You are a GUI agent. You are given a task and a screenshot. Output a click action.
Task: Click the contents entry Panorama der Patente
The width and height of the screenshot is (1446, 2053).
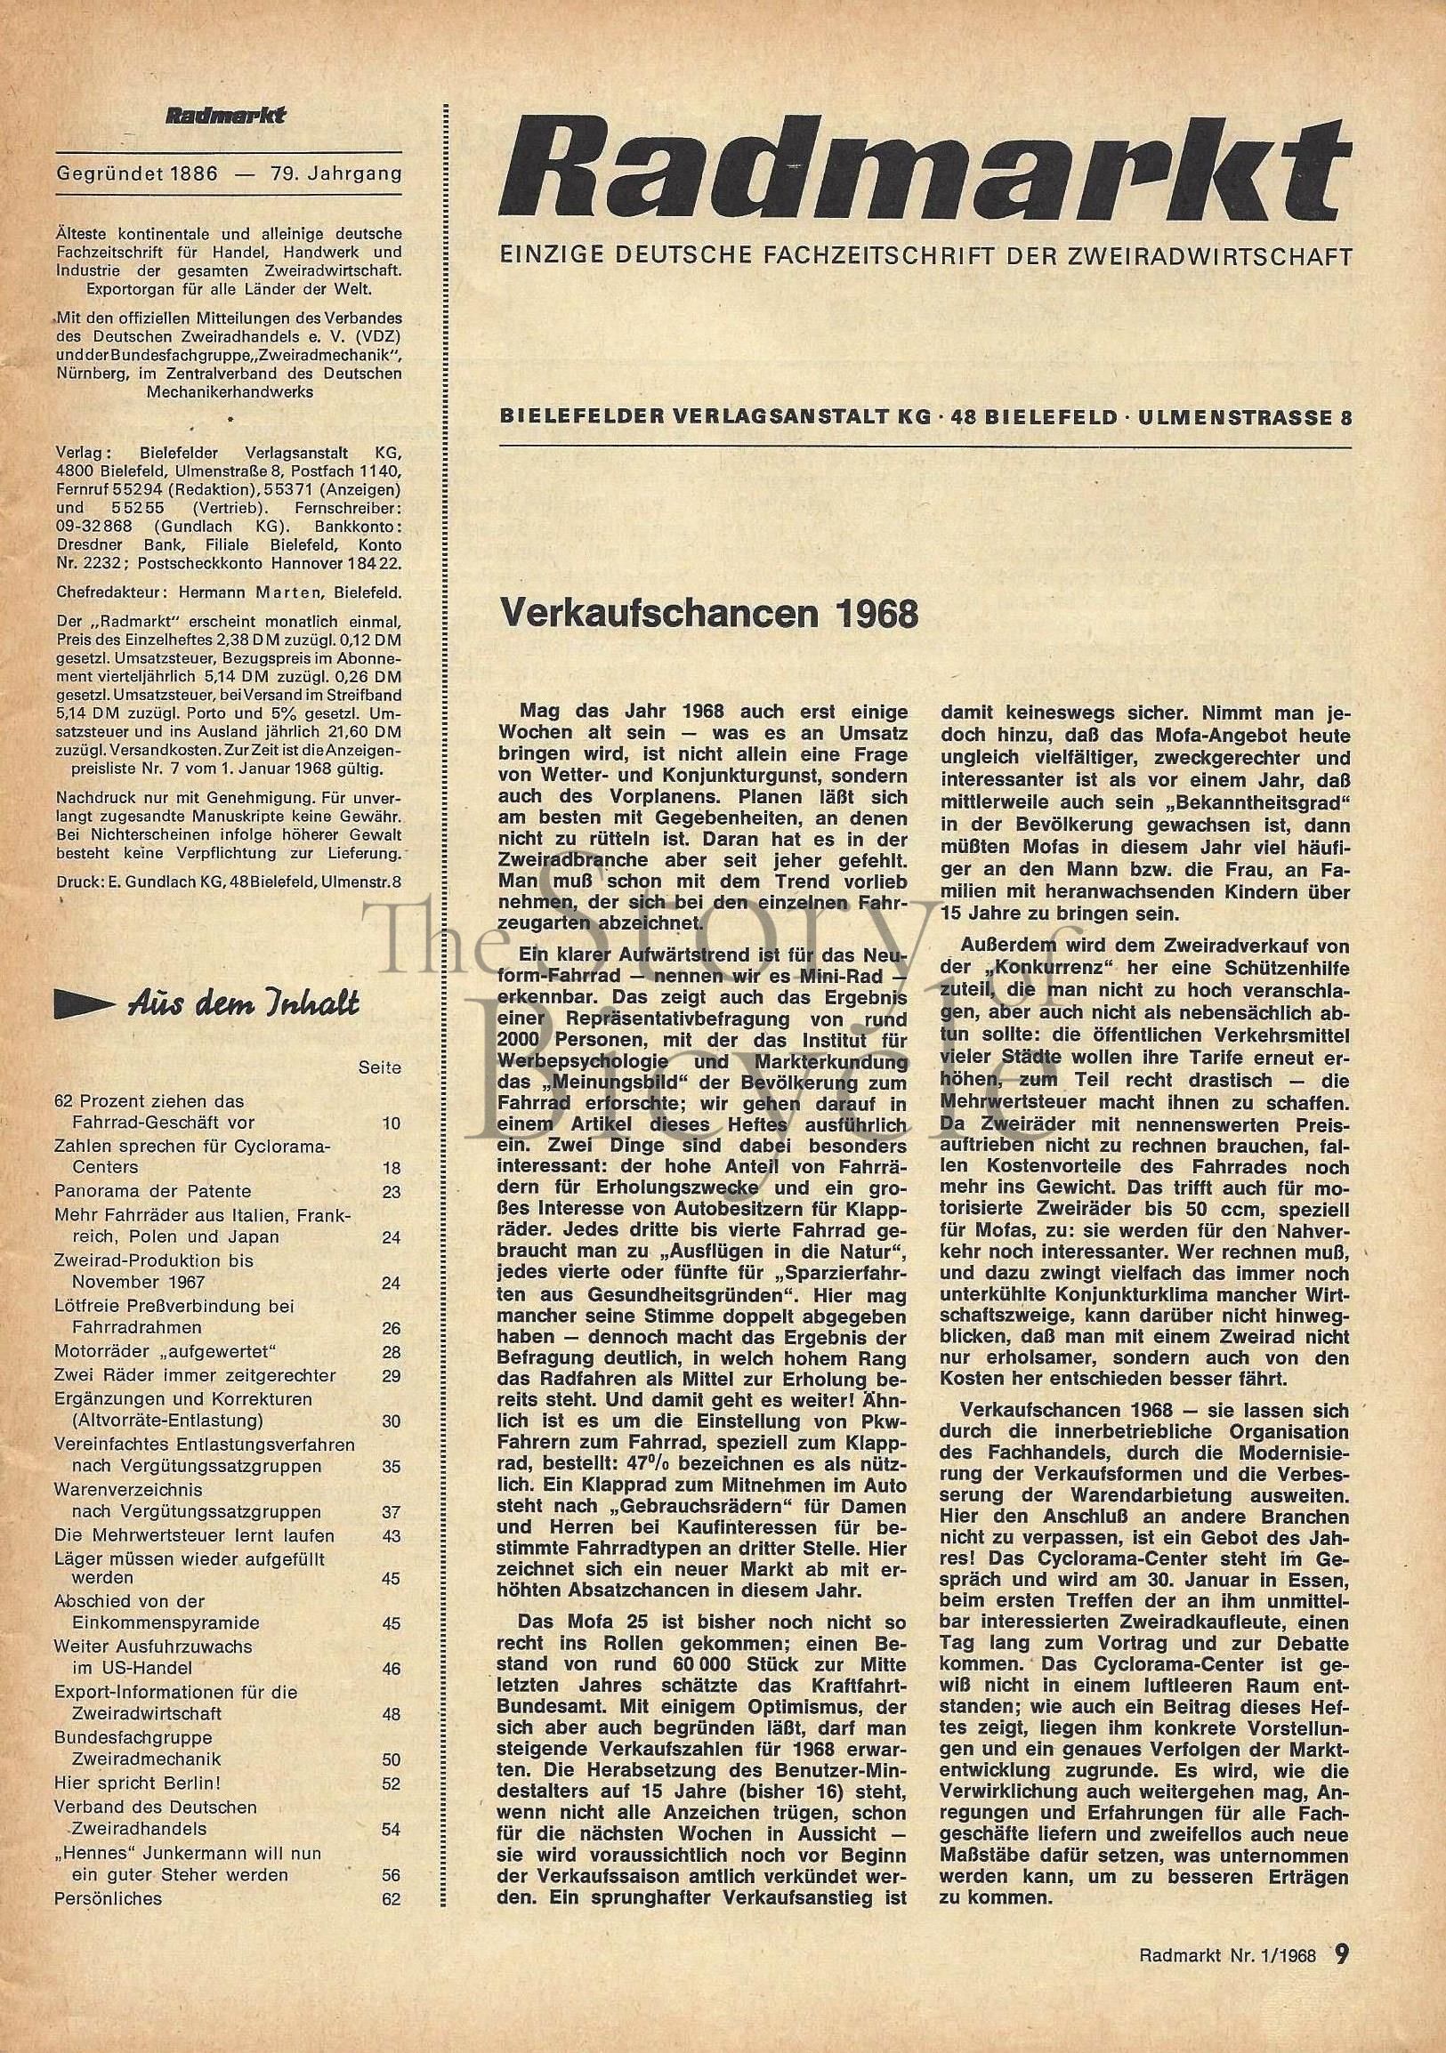click(x=153, y=1191)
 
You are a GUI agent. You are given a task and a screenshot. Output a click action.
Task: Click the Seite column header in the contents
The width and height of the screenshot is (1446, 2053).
click(x=379, y=1067)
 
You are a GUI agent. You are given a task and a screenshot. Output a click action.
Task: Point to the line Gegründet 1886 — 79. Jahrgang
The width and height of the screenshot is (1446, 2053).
click(x=228, y=173)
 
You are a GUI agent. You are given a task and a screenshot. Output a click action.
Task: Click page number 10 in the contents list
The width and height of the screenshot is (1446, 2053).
click(x=391, y=1123)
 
